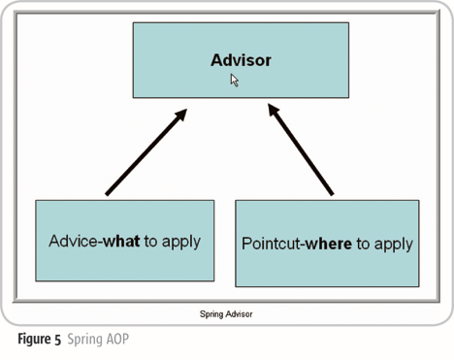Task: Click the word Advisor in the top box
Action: click(x=241, y=60)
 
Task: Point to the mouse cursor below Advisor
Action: click(x=234, y=81)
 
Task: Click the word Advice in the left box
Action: click(x=73, y=241)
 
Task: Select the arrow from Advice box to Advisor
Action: click(x=144, y=153)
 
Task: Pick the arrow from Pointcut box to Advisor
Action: click(x=302, y=153)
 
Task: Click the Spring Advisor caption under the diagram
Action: click(x=226, y=314)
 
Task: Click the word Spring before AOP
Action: click(x=84, y=340)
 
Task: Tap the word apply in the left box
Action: click(x=181, y=241)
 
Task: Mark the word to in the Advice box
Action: click(x=152, y=241)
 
